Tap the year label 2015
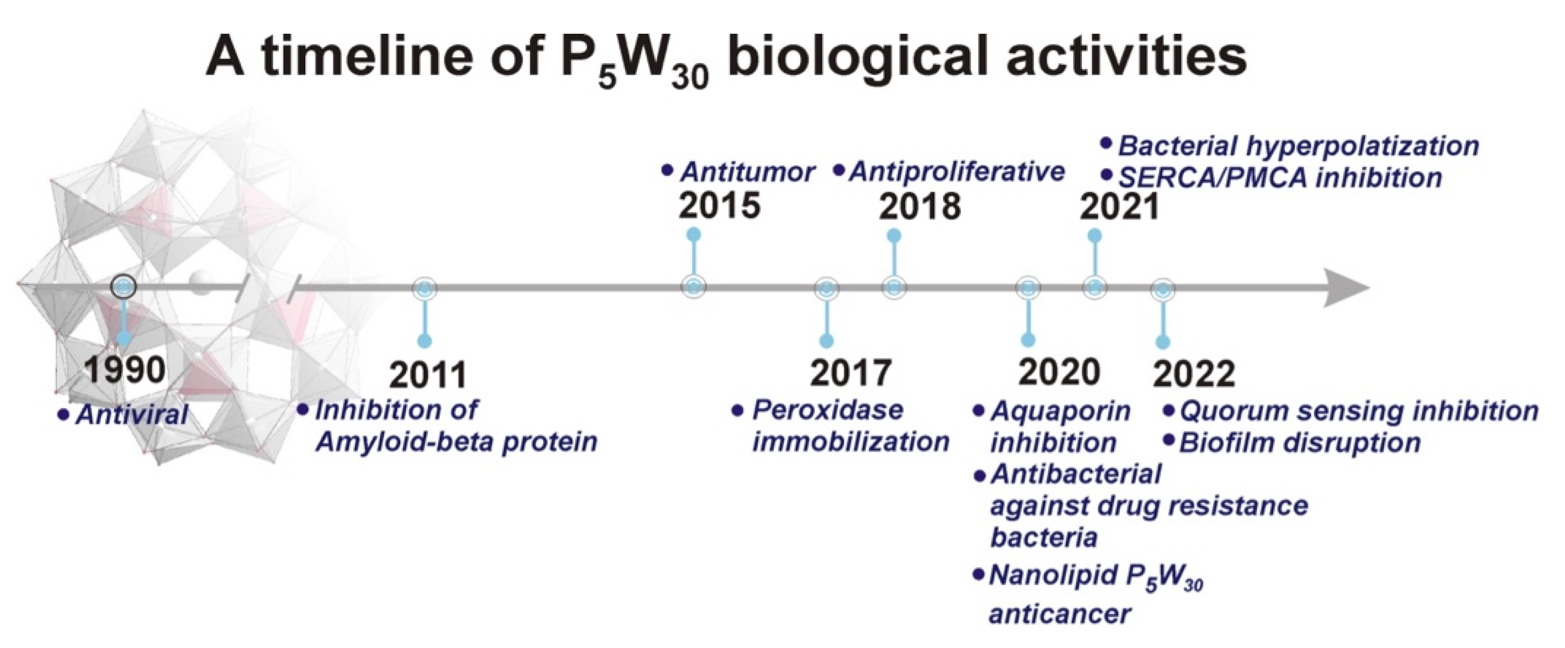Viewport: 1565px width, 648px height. pos(719,205)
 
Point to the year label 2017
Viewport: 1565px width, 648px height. pos(851,372)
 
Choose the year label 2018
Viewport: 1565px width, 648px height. pos(920,207)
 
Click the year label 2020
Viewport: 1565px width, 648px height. pos(1059,371)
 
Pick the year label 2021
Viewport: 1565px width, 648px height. pos(1120,207)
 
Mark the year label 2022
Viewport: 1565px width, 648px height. pos(1194,373)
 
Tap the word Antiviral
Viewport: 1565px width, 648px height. pos(132,415)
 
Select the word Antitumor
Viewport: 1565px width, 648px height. pos(747,172)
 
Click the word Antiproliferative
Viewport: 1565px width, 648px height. pos(957,172)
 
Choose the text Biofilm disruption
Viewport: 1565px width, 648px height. pos(1299,443)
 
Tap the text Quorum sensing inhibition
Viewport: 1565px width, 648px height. pos(1358,411)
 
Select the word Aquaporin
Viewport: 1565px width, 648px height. pos(1060,411)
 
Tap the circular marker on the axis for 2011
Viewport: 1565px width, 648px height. pos(425,289)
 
